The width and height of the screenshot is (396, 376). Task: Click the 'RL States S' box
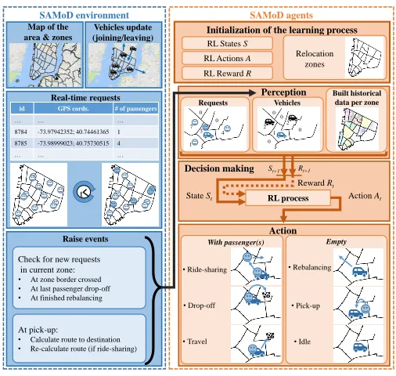point(227,43)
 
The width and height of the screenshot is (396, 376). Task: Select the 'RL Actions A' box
point(227,58)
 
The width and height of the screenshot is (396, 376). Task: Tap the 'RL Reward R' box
point(227,74)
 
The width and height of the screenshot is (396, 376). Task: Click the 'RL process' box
point(288,198)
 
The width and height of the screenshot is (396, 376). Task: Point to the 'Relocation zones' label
point(315,59)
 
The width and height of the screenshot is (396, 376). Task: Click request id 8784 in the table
point(21,132)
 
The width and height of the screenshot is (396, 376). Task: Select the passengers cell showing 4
point(119,143)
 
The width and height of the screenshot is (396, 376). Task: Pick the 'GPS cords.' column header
point(74,109)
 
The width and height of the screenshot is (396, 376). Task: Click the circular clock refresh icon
point(85,192)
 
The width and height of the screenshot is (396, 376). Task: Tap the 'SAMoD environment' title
point(84,16)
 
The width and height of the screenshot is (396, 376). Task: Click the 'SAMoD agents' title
point(281,16)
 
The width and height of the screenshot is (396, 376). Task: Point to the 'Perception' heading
point(283,92)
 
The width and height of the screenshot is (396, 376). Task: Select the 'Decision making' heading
point(219,168)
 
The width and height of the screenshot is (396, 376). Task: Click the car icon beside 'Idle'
point(360,347)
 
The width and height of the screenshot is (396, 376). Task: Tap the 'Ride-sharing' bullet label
point(205,269)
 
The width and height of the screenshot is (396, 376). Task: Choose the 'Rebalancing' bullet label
point(310,267)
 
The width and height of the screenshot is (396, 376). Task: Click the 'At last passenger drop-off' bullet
point(70,289)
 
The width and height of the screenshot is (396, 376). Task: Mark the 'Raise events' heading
point(85,239)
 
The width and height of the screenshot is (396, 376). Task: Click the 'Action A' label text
point(365,196)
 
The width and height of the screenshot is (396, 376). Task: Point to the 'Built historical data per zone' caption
point(357,98)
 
